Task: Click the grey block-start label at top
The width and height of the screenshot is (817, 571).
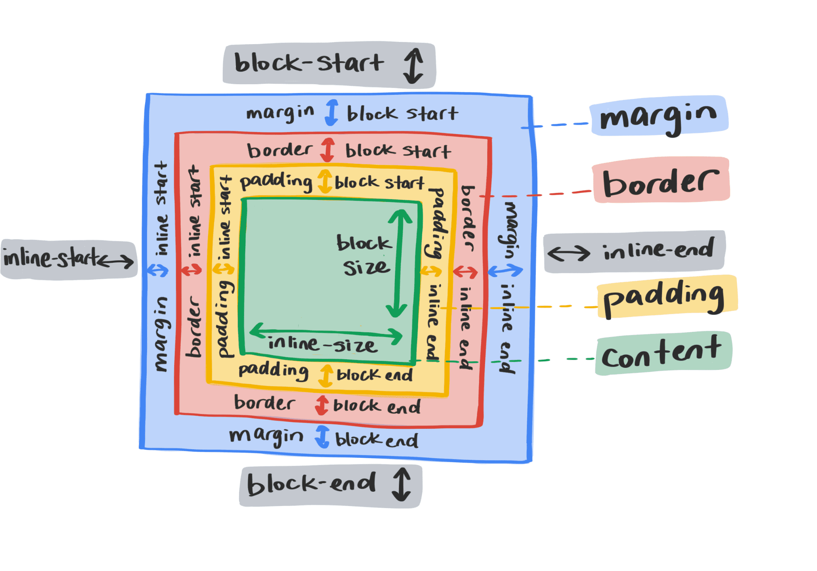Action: tap(329, 65)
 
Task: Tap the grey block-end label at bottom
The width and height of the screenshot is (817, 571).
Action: tap(330, 486)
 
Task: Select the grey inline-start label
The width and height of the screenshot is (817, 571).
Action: tap(69, 259)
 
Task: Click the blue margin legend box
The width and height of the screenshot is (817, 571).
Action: tap(659, 116)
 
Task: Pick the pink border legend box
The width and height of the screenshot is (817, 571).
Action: tap(661, 180)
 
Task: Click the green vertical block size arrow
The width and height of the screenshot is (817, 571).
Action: tap(399, 263)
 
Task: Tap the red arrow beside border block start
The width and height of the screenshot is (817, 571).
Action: tap(327, 150)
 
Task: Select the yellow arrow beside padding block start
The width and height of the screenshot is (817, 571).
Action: tap(325, 181)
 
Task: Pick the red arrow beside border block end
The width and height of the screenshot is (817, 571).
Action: tap(322, 405)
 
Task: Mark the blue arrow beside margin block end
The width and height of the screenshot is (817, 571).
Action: tap(322, 436)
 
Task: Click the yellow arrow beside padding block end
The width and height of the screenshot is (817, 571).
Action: tap(326, 375)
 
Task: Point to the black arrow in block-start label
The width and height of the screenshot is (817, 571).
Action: tap(413, 65)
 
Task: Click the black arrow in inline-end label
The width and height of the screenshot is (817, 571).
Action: tap(569, 253)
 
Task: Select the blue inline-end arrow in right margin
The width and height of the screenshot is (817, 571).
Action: tap(505, 270)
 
